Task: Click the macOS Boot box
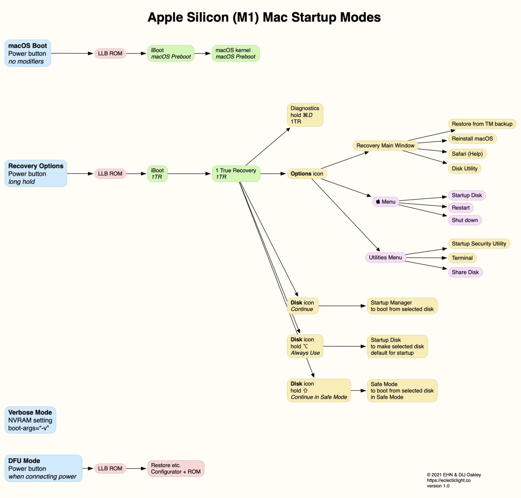click(x=28, y=53)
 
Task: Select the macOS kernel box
click(x=236, y=53)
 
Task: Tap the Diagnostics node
click(x=305, y=115)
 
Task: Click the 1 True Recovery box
click(x=236, y=173)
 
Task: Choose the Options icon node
click(x=307, y=173)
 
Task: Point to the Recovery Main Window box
click(x=385, y=145)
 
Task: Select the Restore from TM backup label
click(x=482, y=124)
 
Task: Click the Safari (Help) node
click(x=467, y=154)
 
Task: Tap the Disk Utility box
click(x=465, y=168)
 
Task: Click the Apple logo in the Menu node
click(x=378, y=201)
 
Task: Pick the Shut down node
click(x=465, y=220)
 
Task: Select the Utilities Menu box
click(x=385, y=257)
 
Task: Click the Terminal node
click(x=462, y=258)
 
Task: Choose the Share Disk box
click(x=465, y=272)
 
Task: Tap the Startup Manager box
click(x=402, y=306)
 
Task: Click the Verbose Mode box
click(x=30, y=420)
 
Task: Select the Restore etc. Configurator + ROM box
click(x=175, y=468)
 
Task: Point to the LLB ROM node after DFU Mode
click(x=110, y=468)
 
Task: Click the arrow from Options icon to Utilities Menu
click(x=346, y=215)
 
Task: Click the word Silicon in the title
click(x=208, y=17)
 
